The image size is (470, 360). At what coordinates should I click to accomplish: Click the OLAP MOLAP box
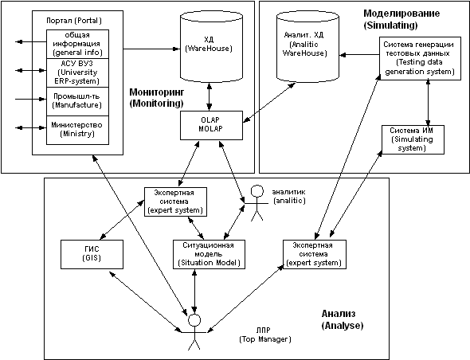click(x=211, y=125)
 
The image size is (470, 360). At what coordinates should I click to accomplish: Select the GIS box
click(x=92, y=254)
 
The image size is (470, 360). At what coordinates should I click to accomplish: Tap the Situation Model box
click(x=209, y=254)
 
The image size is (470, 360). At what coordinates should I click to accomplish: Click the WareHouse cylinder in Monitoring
click(x=211, y=46)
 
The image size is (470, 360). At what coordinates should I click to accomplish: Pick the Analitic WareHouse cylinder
click(x=307, y=46)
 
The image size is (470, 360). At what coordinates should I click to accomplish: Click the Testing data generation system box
click(x=420, y=58)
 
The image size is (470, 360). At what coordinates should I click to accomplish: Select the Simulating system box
click(x=413, y=139)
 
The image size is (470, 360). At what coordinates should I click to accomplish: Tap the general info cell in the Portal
click(x=77, y=44)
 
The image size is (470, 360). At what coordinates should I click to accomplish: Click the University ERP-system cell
click(x=77, y=72)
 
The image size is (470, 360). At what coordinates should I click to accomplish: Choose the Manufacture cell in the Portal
click(x=77, y=102)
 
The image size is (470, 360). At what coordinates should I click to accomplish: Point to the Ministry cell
click(x=77, y=130)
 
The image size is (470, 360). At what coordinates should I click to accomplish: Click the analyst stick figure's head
click(x=257, y=191)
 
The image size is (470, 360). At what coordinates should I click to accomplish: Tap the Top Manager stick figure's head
click(x=194, y=320)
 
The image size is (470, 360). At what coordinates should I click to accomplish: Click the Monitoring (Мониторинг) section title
click(x=156, y=98)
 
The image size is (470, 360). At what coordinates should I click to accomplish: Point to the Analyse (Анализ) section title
click(x=343, y=319)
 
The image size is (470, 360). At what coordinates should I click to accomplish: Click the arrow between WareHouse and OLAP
click(x=210, y=96)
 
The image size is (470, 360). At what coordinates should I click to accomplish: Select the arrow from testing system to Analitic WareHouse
click(x=359, y=55)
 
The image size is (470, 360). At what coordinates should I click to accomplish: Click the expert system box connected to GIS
click(x=175, y=202)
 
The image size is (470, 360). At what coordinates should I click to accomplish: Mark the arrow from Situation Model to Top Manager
click(x=194, y=292)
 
